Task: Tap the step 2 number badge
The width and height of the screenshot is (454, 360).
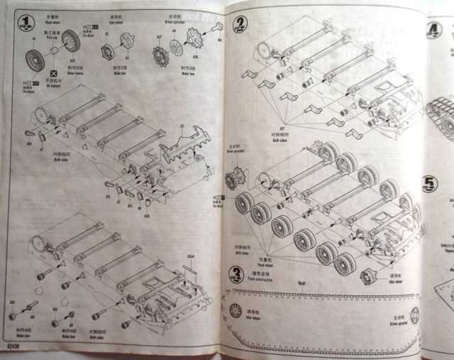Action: click(241, 23)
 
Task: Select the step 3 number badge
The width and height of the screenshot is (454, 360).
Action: click(236, 275)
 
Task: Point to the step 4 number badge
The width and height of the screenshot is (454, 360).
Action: click(433, 31)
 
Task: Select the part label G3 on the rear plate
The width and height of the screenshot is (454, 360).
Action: click(182, 127)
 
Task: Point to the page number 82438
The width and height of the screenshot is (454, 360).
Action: click(13, 346)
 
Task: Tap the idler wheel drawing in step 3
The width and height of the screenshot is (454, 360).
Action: click(236, 311)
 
